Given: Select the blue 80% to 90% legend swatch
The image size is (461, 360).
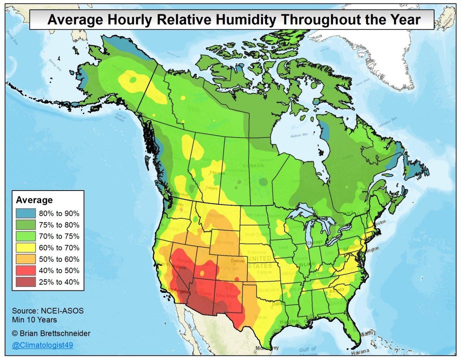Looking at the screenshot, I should (x=26, y=213).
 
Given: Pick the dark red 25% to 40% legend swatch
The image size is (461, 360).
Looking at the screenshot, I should (x=26, y=282).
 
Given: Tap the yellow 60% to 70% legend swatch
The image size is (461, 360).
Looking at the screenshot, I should (x=26, y=247).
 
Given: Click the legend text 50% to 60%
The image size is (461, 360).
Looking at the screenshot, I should (x=59, y=259).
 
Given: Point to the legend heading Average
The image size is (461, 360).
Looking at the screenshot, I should (x=34, y=200).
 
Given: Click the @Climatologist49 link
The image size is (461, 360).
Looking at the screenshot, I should (x=42, y=345).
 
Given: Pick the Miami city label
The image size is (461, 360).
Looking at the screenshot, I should (x=368, y=333).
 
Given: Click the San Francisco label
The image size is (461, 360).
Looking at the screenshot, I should (x=173, y=267).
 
